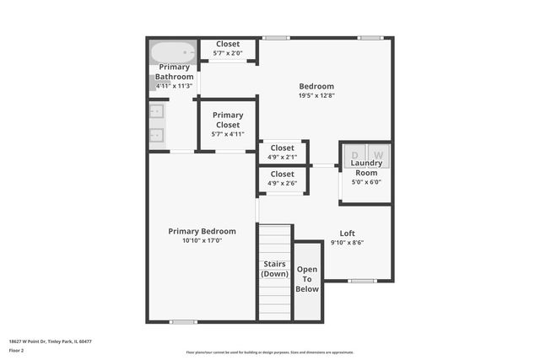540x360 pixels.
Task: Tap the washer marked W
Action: [379, 155]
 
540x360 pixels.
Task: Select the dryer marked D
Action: [354, 155]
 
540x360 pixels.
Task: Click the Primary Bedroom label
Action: [202, 231]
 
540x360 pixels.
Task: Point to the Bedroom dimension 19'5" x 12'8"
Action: [316, 95]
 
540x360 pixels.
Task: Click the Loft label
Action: [347, 234]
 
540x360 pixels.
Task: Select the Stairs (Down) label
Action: [274, 269]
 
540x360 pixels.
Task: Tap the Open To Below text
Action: [307, 279]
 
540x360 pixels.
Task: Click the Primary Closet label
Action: [227, 120]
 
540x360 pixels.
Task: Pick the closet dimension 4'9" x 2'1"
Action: [282, 157]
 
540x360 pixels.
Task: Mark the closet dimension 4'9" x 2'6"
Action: [282, 183]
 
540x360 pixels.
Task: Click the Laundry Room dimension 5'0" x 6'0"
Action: [366, 181]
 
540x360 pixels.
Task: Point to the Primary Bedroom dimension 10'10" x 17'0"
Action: [202, 240]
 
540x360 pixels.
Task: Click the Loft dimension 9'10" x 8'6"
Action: [347, 243]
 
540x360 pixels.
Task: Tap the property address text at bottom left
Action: [50, 341]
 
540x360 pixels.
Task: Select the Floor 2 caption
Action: [17, 350]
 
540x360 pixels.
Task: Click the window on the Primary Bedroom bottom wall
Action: [183, 321]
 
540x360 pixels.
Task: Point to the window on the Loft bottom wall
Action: [362, 281]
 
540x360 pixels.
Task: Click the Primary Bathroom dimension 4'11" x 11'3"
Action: [174, 86]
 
